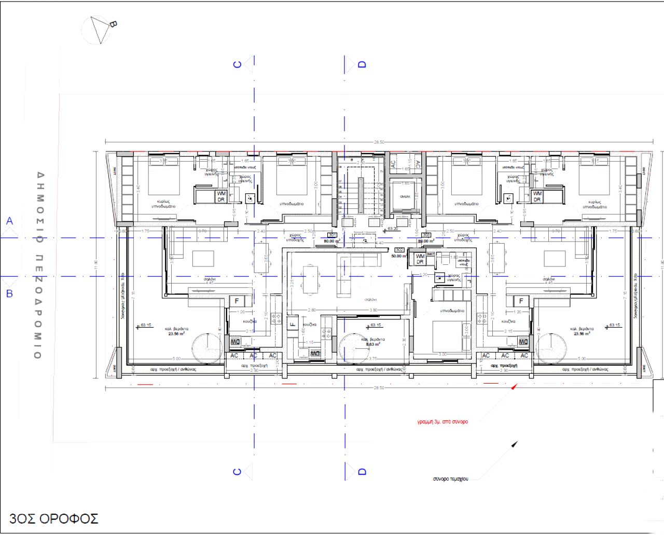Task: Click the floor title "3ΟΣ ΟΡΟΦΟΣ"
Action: [x=53, y=518]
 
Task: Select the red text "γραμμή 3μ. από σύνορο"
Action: [x=442, y=421]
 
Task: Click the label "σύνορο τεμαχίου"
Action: [x=450, y=478]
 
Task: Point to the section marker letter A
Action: [x=9, y=221]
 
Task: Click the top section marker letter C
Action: [x=238, y=64]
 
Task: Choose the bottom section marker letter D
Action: [x=362, y=471]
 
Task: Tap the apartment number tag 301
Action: [x=332, y=235]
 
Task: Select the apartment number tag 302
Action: [x=399, y=250]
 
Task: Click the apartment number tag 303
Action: [x=426, y=235]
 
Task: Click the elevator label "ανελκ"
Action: [x=405, y=196]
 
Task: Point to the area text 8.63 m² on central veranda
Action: [x=374, y=344]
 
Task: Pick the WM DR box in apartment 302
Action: [x=420, y=259]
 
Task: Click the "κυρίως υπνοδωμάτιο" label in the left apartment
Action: [x=163, y=204]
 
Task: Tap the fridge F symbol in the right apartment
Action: [x=521, y=301]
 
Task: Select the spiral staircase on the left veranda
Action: [x=207, y=348]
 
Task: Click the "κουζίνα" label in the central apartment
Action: [x=309, y=324]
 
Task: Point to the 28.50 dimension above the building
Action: [x=379, y=142]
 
